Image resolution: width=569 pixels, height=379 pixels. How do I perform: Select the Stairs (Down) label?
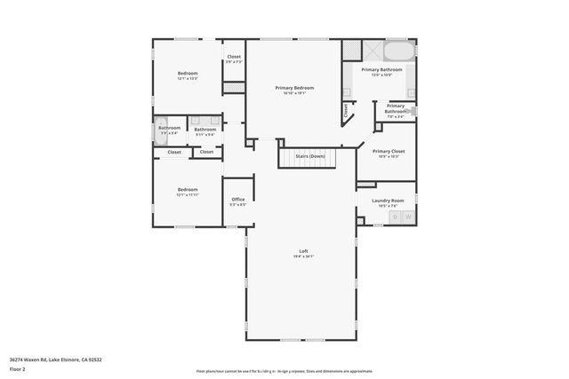(x=310, y=156)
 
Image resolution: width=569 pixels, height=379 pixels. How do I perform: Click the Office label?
(x=238, y=199)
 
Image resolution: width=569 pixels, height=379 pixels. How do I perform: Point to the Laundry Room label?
(x=387, y=200)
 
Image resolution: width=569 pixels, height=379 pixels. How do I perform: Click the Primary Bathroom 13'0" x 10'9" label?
(x=382, y=68)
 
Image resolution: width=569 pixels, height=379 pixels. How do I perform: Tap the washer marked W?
(x=408, y=216)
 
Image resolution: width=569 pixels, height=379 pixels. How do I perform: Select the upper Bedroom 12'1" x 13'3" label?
(x=188, y=73)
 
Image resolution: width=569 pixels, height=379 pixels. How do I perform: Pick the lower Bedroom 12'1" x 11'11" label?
(x=188, y=189)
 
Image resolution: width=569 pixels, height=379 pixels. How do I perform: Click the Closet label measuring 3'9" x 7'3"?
(x=234, y=57)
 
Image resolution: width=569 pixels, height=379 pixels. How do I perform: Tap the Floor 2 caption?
(x=18, y=370)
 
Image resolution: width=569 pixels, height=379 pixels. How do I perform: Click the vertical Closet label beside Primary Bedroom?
(x=346, y=110)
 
